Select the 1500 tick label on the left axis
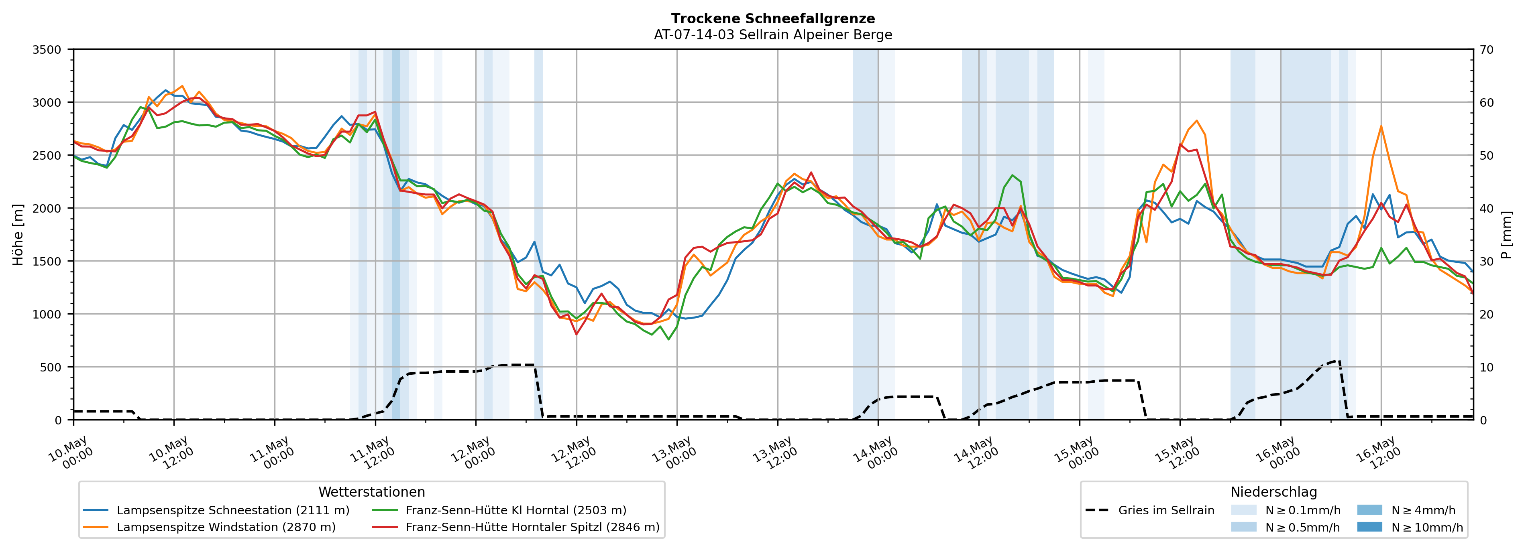(47, 261)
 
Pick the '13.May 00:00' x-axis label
(675, 455)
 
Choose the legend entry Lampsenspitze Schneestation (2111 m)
(216, 510)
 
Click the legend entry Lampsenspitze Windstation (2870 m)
(210, 527)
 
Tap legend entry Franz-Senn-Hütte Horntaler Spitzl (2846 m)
(515, 527)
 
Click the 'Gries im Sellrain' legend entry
(1149, 510)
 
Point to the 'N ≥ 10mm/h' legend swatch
(1369, 527)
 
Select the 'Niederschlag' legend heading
(1273, 492)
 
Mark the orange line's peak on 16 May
(1381, 126)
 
